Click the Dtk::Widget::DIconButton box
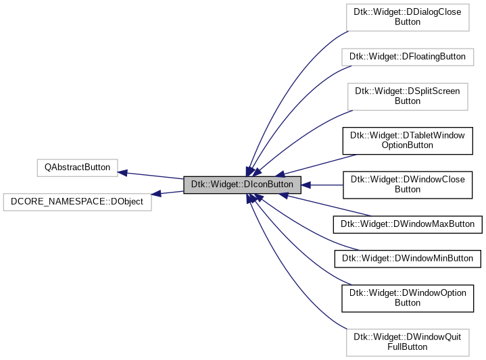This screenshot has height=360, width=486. point(241,184)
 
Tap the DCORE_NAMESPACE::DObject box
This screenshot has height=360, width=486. point(78,201)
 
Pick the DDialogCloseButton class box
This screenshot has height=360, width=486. point(408,17)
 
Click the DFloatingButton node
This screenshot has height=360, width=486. point(407,56)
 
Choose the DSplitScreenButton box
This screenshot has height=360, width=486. point(408,96)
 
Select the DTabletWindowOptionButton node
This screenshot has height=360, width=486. point(408,140)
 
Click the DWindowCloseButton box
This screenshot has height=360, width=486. point(408,184)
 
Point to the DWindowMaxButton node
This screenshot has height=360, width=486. point(408,224)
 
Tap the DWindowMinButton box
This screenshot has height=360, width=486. point(408,257)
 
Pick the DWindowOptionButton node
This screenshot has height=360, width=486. point(408,298)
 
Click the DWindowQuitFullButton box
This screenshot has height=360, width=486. point(408,342)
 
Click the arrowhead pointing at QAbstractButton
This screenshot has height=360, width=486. point(123,172)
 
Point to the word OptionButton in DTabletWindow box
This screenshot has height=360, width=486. point(408,145)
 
